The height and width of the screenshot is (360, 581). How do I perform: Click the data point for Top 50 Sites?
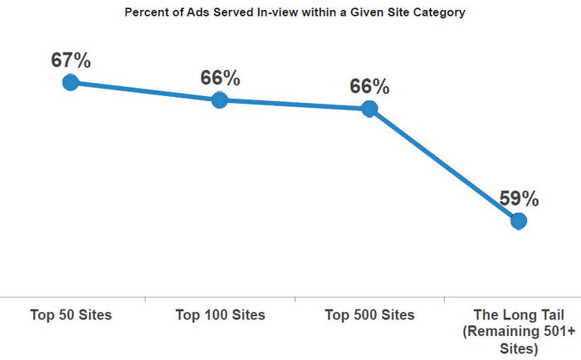click(x=71, y=82)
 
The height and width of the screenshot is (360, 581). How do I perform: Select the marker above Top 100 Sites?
click(x=220, y=100)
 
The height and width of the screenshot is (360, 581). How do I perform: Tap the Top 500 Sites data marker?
click(x=369, y=109)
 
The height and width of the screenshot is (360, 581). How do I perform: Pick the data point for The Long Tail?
click(x=519, y=221)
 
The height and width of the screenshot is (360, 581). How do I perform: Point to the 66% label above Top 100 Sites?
click(x=220, y=78)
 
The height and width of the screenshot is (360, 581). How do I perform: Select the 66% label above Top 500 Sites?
click(x=369, y=86)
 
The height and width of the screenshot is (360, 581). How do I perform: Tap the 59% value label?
click(x=519, y=199)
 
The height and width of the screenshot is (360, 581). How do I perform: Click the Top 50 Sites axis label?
click(x=71, y=315)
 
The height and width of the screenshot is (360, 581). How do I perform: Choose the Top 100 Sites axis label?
click(x=220, y=315)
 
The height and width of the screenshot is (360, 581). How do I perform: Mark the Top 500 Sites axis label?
click(x=369, y=315)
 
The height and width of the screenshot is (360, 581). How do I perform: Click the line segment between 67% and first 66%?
click(x=145, y=91)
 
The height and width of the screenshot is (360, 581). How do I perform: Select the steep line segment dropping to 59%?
click(x=444, y=165)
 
